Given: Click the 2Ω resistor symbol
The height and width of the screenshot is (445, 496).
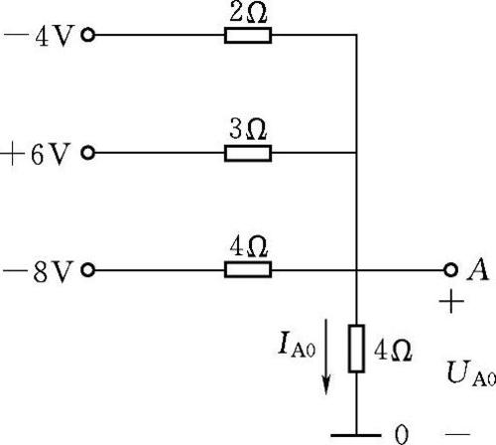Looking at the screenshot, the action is pos(248,35).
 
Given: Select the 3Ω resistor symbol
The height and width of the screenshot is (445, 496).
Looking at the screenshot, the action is pos(248,153).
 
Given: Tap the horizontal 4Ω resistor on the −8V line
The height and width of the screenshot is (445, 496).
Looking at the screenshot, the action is pos(248,269).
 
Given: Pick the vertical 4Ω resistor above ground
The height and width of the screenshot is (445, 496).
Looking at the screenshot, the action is pos(356,349).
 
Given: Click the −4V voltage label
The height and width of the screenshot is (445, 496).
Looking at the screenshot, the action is pos(39,36).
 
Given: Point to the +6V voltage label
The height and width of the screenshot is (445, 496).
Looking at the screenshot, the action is pos(36,154).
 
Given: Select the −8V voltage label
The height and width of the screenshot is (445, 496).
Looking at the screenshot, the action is pos(38,271).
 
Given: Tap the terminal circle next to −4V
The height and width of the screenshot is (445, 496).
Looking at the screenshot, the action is pos(88,35).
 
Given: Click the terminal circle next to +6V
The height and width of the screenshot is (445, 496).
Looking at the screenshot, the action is pos(88,153).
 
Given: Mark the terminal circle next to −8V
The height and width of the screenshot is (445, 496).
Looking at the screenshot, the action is pos(88,270).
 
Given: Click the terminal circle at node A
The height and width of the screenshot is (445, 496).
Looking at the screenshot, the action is pos(450,270).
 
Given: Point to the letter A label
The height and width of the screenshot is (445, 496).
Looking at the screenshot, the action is pos(477,270).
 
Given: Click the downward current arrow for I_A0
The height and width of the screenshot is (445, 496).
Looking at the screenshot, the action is pos(326,357).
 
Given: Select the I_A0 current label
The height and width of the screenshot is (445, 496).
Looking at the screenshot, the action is pos(297,345).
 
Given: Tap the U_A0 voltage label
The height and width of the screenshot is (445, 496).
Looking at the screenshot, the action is pos(471,374).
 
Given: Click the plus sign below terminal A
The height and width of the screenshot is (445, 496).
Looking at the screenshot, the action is pos(451,301).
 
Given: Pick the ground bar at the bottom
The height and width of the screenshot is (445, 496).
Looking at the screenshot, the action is pos(356,435).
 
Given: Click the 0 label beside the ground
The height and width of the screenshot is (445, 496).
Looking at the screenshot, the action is pos(402,434).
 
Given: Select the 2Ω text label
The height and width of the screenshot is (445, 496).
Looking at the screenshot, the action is pos(248,13).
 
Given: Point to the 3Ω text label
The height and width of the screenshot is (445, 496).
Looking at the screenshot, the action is pos(248,129).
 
